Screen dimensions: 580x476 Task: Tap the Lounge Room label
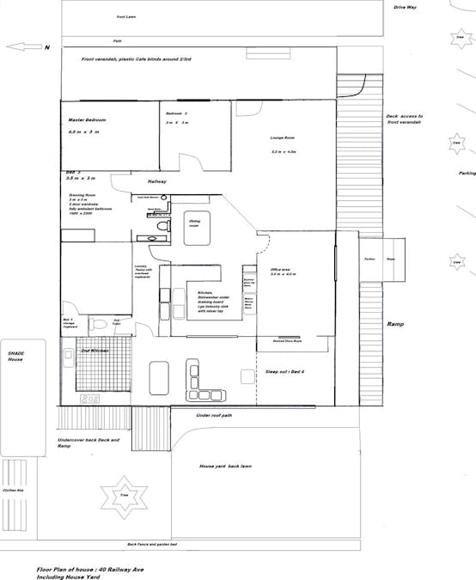(284, 137)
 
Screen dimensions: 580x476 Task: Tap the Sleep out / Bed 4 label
(288, 371)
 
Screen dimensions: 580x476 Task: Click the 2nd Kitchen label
(93, 351)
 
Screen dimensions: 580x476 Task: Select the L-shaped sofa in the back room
(204, 382)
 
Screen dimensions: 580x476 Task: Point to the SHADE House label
(18, 357)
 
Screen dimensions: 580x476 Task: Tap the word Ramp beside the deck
(395, 324)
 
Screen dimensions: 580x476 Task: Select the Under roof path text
(214, 415)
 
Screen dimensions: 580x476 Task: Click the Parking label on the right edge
(467, 173)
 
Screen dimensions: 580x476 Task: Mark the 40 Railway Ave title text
(93, 569)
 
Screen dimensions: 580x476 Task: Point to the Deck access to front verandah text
(405, 119)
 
